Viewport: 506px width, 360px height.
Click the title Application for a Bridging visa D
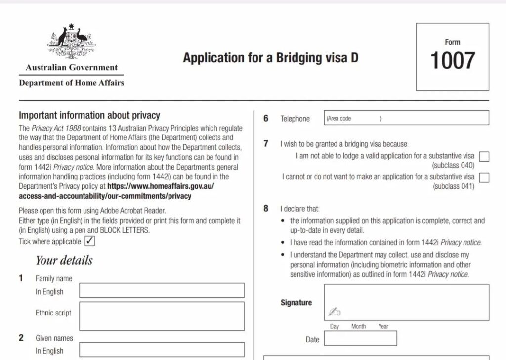point(270,58)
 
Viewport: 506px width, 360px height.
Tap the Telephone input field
point(406,118)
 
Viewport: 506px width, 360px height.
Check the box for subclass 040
point(484,157)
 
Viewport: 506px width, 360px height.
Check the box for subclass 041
point(484,178)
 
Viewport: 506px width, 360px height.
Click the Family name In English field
point(162,291)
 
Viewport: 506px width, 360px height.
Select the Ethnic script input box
point(162,316)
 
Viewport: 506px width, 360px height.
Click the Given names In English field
point(162,349)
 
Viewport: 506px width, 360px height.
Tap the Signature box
point(406,302)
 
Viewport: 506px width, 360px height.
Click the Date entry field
point(360,339)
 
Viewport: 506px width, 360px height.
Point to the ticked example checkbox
point(90,241)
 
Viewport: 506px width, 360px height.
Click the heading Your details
point(64,260)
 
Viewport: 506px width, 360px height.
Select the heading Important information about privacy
point(89,115)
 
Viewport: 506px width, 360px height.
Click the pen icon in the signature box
point(335,312)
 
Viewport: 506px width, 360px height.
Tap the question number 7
point(266,144)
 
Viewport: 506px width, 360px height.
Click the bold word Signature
point(296,302)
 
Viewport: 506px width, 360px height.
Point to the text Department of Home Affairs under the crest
point(71,83)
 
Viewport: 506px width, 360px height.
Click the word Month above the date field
point(359,326)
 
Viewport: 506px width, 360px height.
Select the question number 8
point(266,208)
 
